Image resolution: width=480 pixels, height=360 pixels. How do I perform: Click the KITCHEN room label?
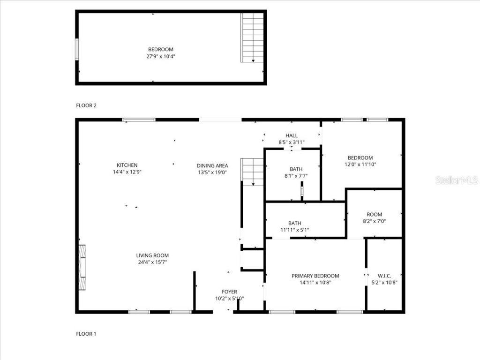point(127,165)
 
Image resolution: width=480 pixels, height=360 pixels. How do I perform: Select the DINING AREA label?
point(212,165)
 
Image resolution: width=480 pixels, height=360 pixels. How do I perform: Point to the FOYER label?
point(229,292)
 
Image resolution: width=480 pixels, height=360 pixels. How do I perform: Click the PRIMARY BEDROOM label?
point(315,276)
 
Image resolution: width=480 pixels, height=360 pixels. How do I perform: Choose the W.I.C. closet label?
point(384,276)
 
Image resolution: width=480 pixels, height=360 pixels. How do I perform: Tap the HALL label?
point(292,136)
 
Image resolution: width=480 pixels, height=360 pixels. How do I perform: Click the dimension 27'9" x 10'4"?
point(161,56)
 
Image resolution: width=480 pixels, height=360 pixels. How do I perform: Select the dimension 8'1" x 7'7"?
point(296,176)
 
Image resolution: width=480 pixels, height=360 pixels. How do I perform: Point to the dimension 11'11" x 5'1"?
point(294,230)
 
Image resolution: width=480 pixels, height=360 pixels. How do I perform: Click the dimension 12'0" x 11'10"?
point(360,165)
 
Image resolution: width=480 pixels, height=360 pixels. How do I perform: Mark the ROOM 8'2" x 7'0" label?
point(374,215)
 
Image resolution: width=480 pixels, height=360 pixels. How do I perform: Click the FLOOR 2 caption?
point(86,105)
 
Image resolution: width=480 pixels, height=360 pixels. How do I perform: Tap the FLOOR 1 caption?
point(86,334)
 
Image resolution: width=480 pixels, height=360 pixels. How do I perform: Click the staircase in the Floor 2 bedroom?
point(253,37)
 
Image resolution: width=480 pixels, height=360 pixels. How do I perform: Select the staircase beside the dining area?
point(253,172)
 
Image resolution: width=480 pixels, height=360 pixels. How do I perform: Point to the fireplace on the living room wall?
point(82,267)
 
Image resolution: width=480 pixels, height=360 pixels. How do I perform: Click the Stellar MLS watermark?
point(456,180)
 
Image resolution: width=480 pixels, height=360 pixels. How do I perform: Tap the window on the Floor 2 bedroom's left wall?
point(77,49)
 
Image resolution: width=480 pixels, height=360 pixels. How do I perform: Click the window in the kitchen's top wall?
point(139,120)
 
